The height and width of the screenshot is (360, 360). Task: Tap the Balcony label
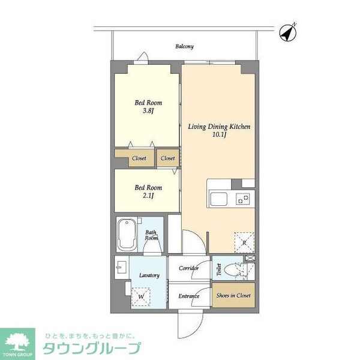pyautogui.click(x=184, y=46)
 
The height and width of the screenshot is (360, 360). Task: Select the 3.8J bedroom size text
pyautogui.click(x=147, y=111)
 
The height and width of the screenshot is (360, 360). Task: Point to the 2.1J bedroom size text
pyautogui.click(x=147, y=196)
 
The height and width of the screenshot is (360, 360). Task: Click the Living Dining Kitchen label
pyautogui.click(x=218, y=127)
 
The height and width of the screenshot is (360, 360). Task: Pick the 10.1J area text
pyautogui.click(x=218, y=135)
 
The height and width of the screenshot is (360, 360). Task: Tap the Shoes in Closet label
pyautogui.click(x=233, y=295)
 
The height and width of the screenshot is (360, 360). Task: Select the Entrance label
pyautogui.click(x=188, y=296)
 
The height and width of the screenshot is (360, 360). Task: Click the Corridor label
pyautogui.click(x=188, y=268)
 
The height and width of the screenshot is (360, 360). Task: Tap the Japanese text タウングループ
pyautogui.click(x=91, y=349)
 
